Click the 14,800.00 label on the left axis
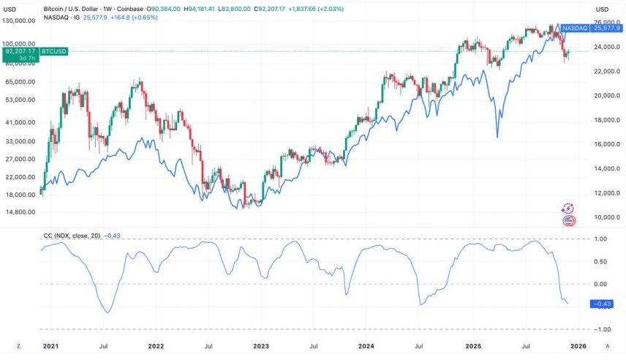click(20, 212)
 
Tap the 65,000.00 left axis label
click(20, 82)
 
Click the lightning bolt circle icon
click(567, 209)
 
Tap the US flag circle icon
click(567, 220)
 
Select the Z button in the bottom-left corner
click(19, 345)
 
